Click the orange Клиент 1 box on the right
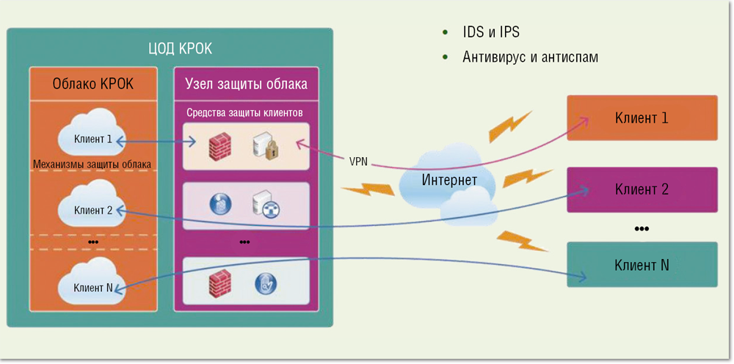642,117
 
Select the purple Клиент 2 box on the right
642,189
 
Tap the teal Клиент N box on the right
642,264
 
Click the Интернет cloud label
449,181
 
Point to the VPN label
360,161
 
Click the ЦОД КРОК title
170,49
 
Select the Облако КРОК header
93,83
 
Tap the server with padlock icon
264,146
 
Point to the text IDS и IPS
491,33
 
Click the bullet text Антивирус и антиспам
530,57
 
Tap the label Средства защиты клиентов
244,113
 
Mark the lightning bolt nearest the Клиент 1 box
510,126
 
